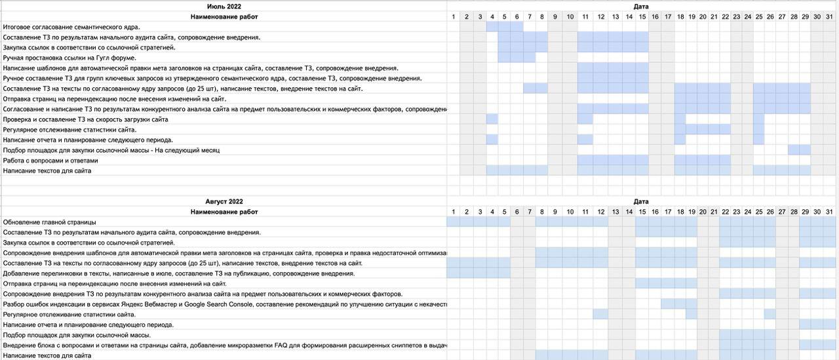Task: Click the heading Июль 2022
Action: coord(224,6)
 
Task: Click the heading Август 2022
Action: coord(224,201)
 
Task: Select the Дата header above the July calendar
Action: coord(641,6)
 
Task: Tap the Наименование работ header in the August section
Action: coord(224,212)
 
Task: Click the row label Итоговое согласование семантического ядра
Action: coord(71,27)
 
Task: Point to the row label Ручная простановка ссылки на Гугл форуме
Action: coord(69,58)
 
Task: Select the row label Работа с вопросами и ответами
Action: coord(50,161)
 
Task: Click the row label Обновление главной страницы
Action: coord(50,222)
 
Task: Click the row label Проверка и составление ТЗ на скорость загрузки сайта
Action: coord(86,119)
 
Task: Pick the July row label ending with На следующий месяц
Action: coord(111,150)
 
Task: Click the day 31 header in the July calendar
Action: coord(829,16)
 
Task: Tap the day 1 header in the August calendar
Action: coord(453,212)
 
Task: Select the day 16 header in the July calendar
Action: coord(655,16)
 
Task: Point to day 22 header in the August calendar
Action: coord(726,212)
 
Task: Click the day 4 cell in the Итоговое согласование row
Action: coord(492,27)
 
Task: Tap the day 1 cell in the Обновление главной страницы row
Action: coord(453,222)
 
